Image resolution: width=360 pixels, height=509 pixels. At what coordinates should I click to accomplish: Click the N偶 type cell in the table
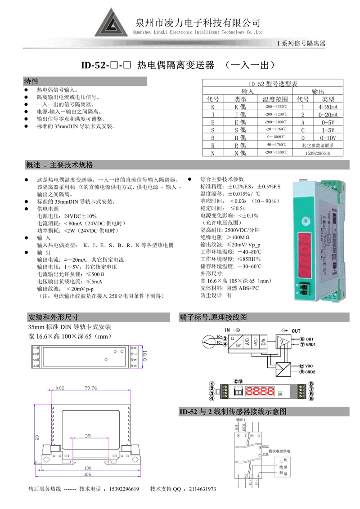[x=240, y=153]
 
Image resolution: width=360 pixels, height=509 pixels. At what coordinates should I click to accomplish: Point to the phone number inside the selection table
[x=317, y=153]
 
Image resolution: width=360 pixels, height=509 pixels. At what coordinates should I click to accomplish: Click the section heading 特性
[x=31, y=81]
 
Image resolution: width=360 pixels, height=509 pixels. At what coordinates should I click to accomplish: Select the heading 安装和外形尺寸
[x=54, y=317]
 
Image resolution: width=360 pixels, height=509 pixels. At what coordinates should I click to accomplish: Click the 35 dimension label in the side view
[x=87, y=436]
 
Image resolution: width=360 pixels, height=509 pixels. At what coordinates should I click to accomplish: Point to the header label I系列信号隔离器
[x=301, y=43]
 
